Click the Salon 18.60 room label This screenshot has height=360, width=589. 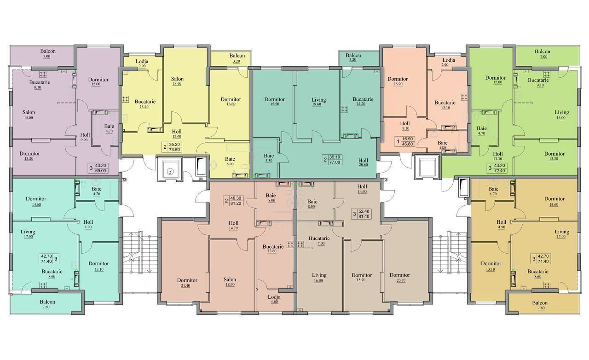pyautogui.click(x=177, y=81)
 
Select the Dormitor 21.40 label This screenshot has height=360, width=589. pyautogui.click(x=187, y=283)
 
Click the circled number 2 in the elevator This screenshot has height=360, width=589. pyautogui.click(x=170, y=172)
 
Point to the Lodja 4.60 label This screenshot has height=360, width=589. pyautogui.click(x=274, y=299)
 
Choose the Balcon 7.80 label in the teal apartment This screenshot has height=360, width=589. pyautogui.click(x=47, y=304)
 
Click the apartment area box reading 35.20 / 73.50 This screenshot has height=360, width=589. pyautogui.click(x=172, y=147)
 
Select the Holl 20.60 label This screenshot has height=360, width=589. pyautogui.click(x=363, y=163)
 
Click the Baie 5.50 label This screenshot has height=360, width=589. pyautogui.click(x=269, y=158)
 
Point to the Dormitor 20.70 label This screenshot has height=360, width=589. pyautogui.click(x=400, y=278)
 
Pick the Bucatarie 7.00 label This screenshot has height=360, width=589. pyautogui.click(x=319, y=241)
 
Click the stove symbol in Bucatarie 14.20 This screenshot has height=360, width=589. pyautogui.click(x=345, y=109)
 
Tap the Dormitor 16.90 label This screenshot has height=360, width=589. pyautogui.click(x=398, y=81)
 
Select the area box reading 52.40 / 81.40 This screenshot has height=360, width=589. pyautogui.click(x=362, y=214)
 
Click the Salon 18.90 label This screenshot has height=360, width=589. pyautogui.click(x=230, y=282)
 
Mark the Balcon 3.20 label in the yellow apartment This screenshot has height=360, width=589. pyautogui.click(x=237, y=58)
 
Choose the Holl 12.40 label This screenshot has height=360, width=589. pyautogui.click(x=177, y=134)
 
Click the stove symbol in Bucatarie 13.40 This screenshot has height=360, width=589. pyautogui.click(x=126, y=99)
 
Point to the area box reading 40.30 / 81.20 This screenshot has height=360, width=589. pyautogui.click(x=233, y=201)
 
